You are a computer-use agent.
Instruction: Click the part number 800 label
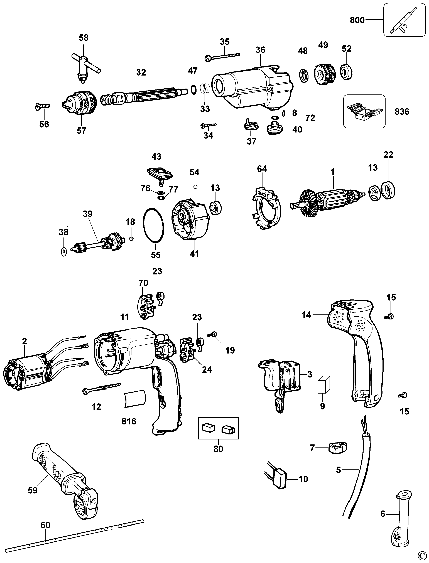pyautogui.click(x=357, y=20)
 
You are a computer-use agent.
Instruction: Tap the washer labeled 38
pyautogui.click(x=64, y=252)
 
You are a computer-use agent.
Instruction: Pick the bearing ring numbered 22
pyautogui.click(x=388, y=189)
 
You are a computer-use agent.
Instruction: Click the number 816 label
pyautogui.click(x=129, y=421)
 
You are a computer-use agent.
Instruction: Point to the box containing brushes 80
pyautogui.click(x=218, y=428)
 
